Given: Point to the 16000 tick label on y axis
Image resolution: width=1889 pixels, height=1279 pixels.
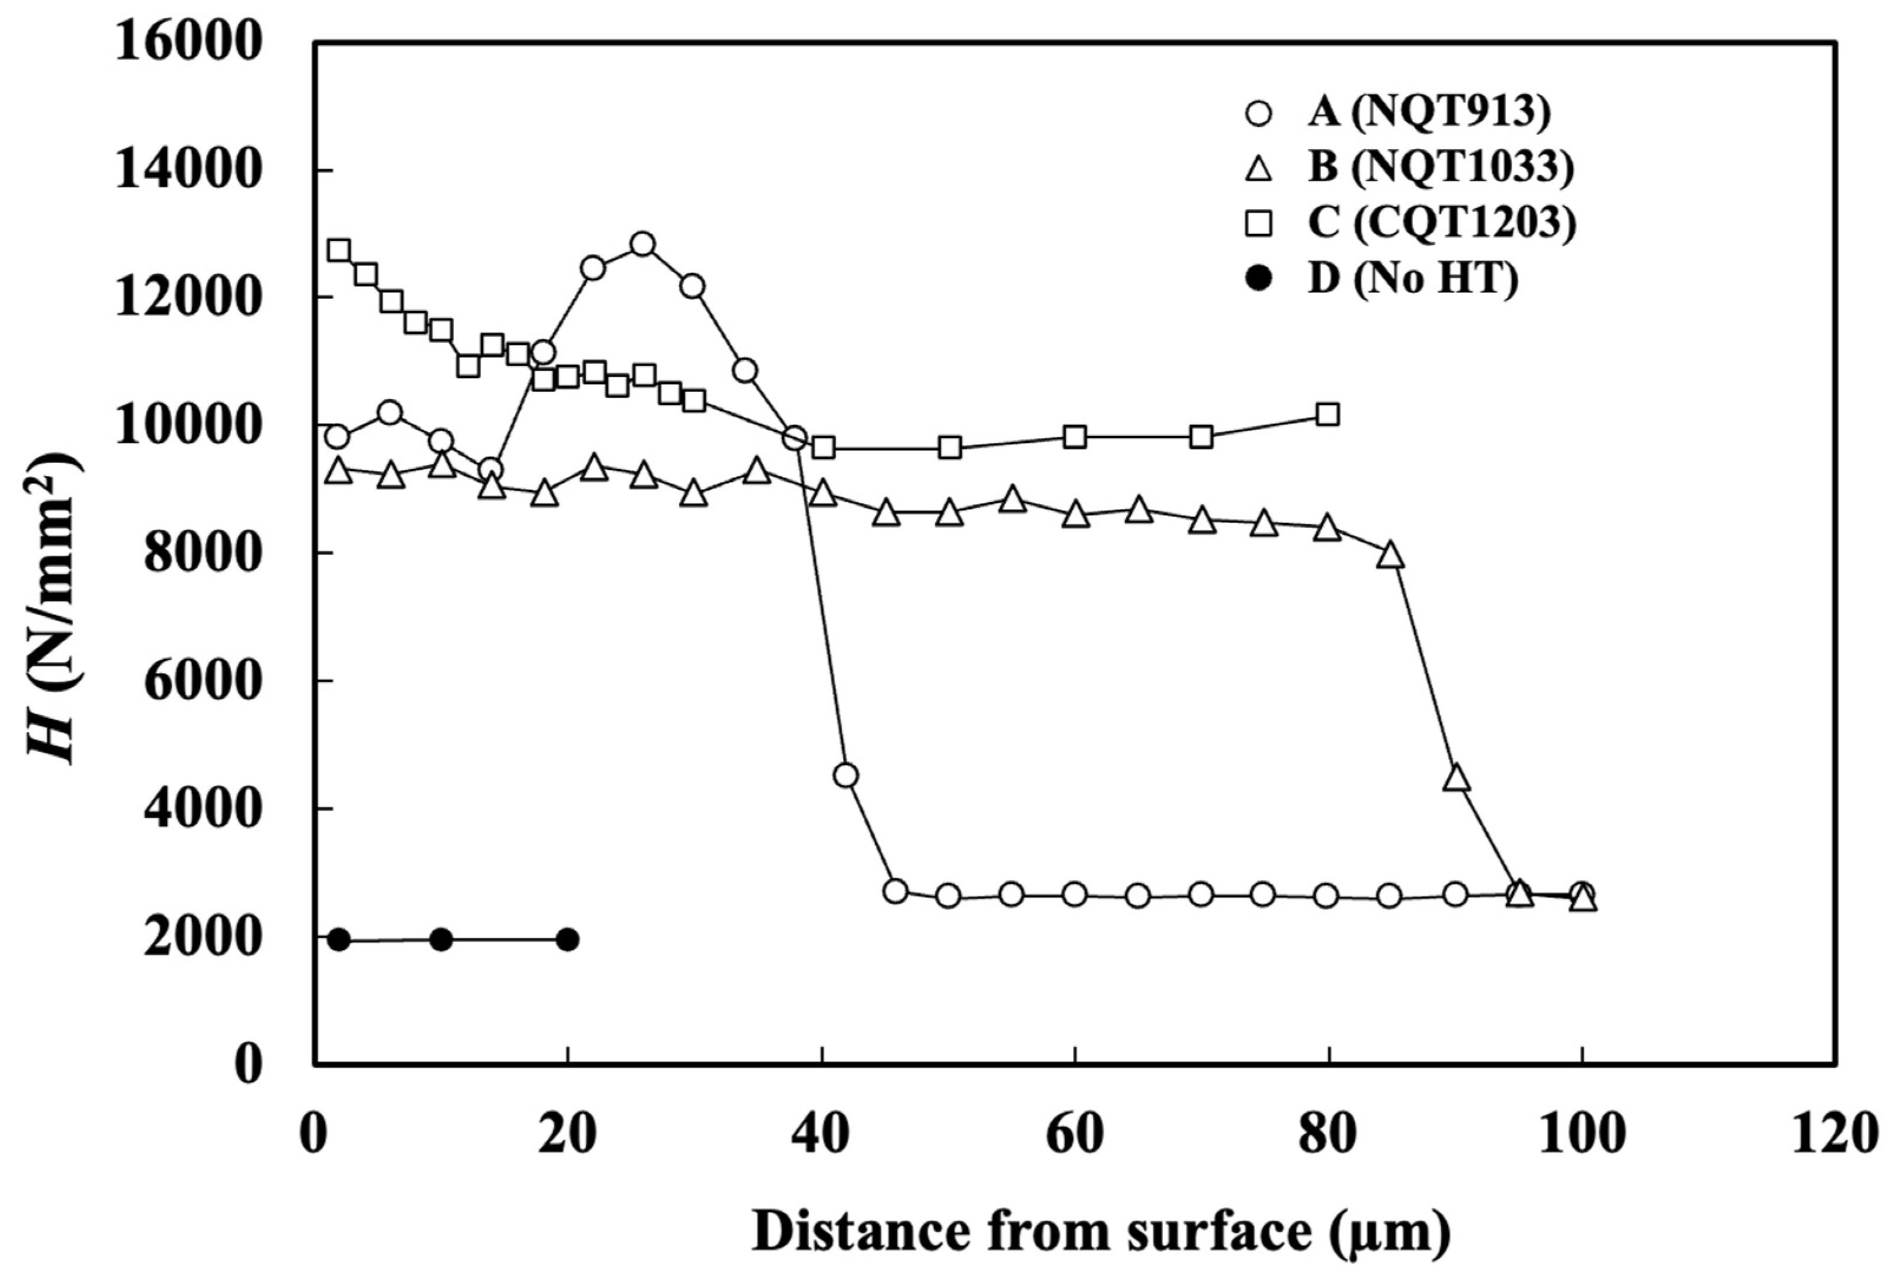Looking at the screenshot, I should coord(189,42).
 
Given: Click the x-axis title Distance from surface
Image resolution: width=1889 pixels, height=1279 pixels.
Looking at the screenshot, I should coord(1099,1231).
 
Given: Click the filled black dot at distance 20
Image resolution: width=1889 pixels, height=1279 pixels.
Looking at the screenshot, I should coord(568,939).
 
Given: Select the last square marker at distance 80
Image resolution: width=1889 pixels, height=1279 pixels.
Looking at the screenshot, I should coord(1328,415).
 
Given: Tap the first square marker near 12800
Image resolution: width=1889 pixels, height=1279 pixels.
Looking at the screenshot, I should coord(339,249).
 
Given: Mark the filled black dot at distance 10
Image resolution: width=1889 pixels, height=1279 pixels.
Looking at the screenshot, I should coord(441,939).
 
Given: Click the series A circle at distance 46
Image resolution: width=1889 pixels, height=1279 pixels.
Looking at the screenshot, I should coord(896,890).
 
